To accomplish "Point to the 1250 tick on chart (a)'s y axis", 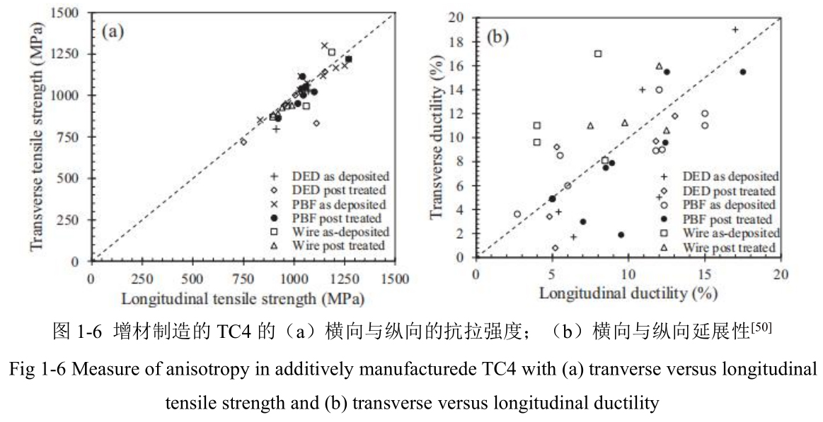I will [69, 54].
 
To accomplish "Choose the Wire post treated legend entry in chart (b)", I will [729, 247].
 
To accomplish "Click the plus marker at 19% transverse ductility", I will [735, 30].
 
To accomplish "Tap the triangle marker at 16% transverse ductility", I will [659, 66].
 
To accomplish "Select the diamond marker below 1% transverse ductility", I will [555, 248].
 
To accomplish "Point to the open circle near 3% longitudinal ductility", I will [517, 214].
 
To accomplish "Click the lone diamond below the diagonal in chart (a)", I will [316, 123].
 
